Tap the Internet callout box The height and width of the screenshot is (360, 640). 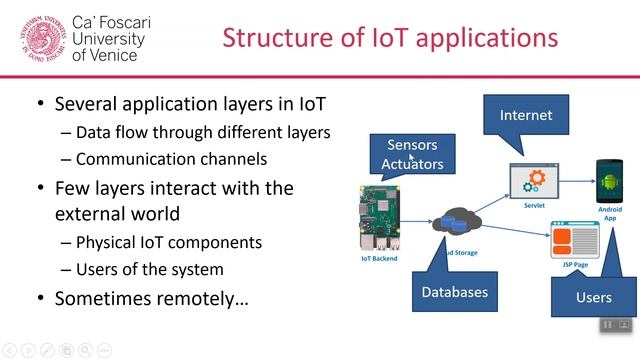pos(526,115)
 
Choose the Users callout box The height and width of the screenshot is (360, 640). pos(594,298)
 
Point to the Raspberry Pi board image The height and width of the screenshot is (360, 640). pos(379,217)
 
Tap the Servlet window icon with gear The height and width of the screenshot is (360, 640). pos(532,181)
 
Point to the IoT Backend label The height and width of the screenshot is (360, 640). pos(379,259)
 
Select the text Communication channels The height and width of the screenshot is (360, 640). pos(157,158)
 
